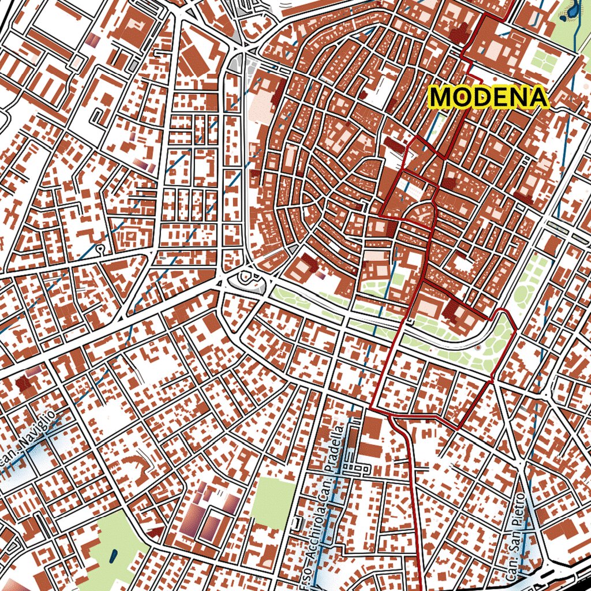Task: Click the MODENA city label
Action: point(489,98)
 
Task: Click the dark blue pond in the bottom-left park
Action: point(112,556)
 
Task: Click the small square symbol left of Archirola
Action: point(297,522)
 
